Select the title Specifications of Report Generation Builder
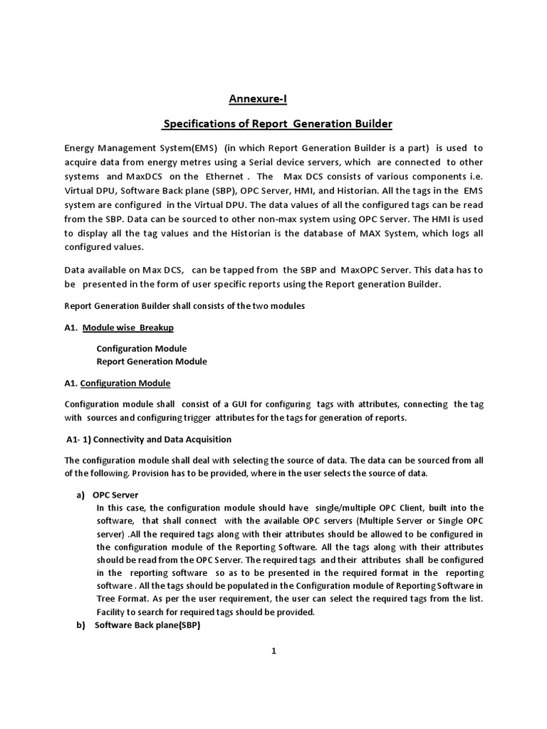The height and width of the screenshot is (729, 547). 278,124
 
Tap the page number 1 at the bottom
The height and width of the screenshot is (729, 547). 273,656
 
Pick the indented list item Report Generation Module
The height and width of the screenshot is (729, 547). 152,361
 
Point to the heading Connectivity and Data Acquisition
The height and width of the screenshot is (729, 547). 159,439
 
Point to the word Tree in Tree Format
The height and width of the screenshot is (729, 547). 108,599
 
